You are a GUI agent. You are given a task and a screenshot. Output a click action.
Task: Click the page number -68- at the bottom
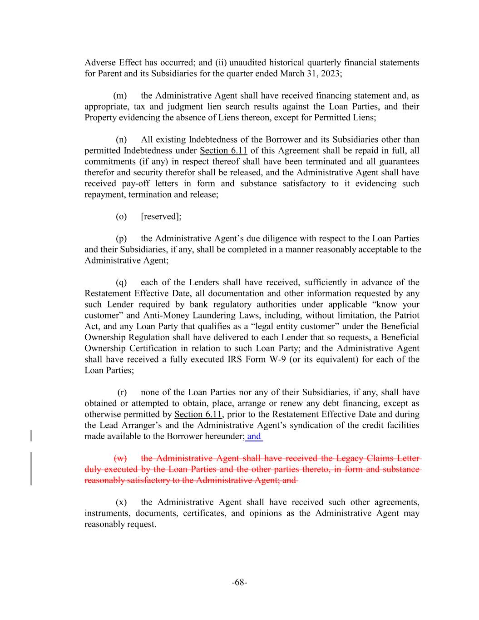[239, 582]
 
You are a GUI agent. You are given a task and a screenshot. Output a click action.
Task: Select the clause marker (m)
[120, 95]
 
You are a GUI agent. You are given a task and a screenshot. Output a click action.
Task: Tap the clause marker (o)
[121, 216]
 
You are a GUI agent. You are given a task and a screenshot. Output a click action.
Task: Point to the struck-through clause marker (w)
[120, 458]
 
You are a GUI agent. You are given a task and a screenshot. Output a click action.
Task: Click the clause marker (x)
[121, 502]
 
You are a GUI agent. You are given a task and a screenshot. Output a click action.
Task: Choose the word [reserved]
[161, 216]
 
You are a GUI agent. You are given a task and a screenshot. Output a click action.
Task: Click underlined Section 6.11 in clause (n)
[223, 150]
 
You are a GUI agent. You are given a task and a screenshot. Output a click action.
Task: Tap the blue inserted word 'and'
[254, 436]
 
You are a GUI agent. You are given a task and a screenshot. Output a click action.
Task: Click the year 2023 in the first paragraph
[331, 74]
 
